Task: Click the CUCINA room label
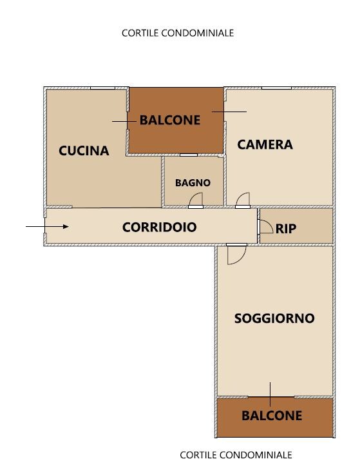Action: (x=84, y=151)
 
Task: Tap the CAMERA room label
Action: (x=265, y=144)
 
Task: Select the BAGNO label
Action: (x=193, y=183)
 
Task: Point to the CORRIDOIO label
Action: (x=160, y=228)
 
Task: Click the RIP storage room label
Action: (x=286, y=229)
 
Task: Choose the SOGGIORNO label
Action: (x=274, y=318)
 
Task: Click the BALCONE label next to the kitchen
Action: (x=170, y=121)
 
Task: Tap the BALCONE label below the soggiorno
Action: (x=272, y=416)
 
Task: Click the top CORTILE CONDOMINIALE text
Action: (x=178, y=33)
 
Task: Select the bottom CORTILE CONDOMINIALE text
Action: (x=236, y=455)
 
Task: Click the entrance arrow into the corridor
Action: (x=47, y=227)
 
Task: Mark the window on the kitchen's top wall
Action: (x=102, y=88)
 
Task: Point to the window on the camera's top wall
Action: (x=276, y=88)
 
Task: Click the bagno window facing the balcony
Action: (x=189, y=155)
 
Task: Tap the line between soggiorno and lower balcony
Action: (x=270, y=394)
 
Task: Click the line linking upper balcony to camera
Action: (x=229, y=111)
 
